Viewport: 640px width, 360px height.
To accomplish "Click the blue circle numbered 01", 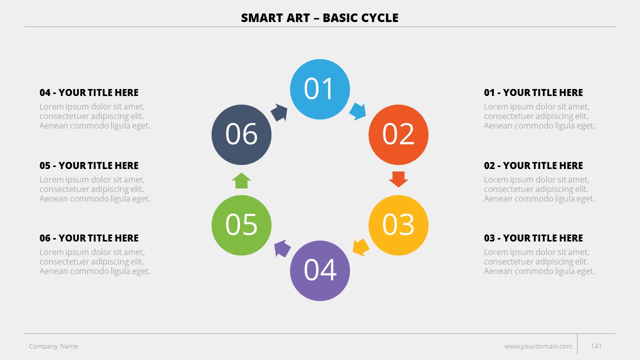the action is pyautogui.click(x=319, y=89).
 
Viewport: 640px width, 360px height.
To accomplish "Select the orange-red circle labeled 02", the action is pyautogui.click(x=398, y=134).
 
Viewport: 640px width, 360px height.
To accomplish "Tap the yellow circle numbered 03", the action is pyautogui.click(x=398, y=225).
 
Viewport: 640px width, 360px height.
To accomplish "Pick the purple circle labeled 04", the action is pyautogui.click(x=319, y=270).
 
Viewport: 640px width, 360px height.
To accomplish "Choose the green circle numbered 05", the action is pyautogui.click(x=241, y=225).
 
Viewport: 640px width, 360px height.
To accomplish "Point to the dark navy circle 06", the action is pyautogui.click(x=241, y=134).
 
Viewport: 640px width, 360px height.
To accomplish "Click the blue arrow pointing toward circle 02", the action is pyautogui.click(x=357, y=111).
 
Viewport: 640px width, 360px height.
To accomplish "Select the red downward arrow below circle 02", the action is pyautogui.click(x=398, y=179).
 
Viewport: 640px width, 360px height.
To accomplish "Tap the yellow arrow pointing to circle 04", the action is pyautogui.click(x=360, y=247).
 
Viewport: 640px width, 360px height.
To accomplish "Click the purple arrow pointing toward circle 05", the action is pyautogui.click(x=282, y=248).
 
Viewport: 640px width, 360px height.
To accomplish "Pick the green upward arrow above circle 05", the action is pyautogui.click(x=241, y=180).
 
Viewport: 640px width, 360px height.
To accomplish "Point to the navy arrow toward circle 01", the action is pyautogui.click(x=279, y=112).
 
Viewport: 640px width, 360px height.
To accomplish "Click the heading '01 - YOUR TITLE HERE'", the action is pyautogui.click(x=533, y=92).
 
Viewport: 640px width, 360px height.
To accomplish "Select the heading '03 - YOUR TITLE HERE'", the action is pyautogui.click(x=533, y=238).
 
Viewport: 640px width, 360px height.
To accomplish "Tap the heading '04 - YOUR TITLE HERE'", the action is pyautogui.click(x=89, y=92).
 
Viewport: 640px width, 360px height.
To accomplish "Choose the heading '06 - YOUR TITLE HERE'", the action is pyautogui.click(x=89, y=238).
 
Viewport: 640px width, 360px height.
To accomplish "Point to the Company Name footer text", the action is pyautogui.click(x=53, y=346).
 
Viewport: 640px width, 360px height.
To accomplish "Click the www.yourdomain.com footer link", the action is pyautogui.click(x=538, y=346).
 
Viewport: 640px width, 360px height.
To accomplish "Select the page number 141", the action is pyautogui.click(x=596, y=346).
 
